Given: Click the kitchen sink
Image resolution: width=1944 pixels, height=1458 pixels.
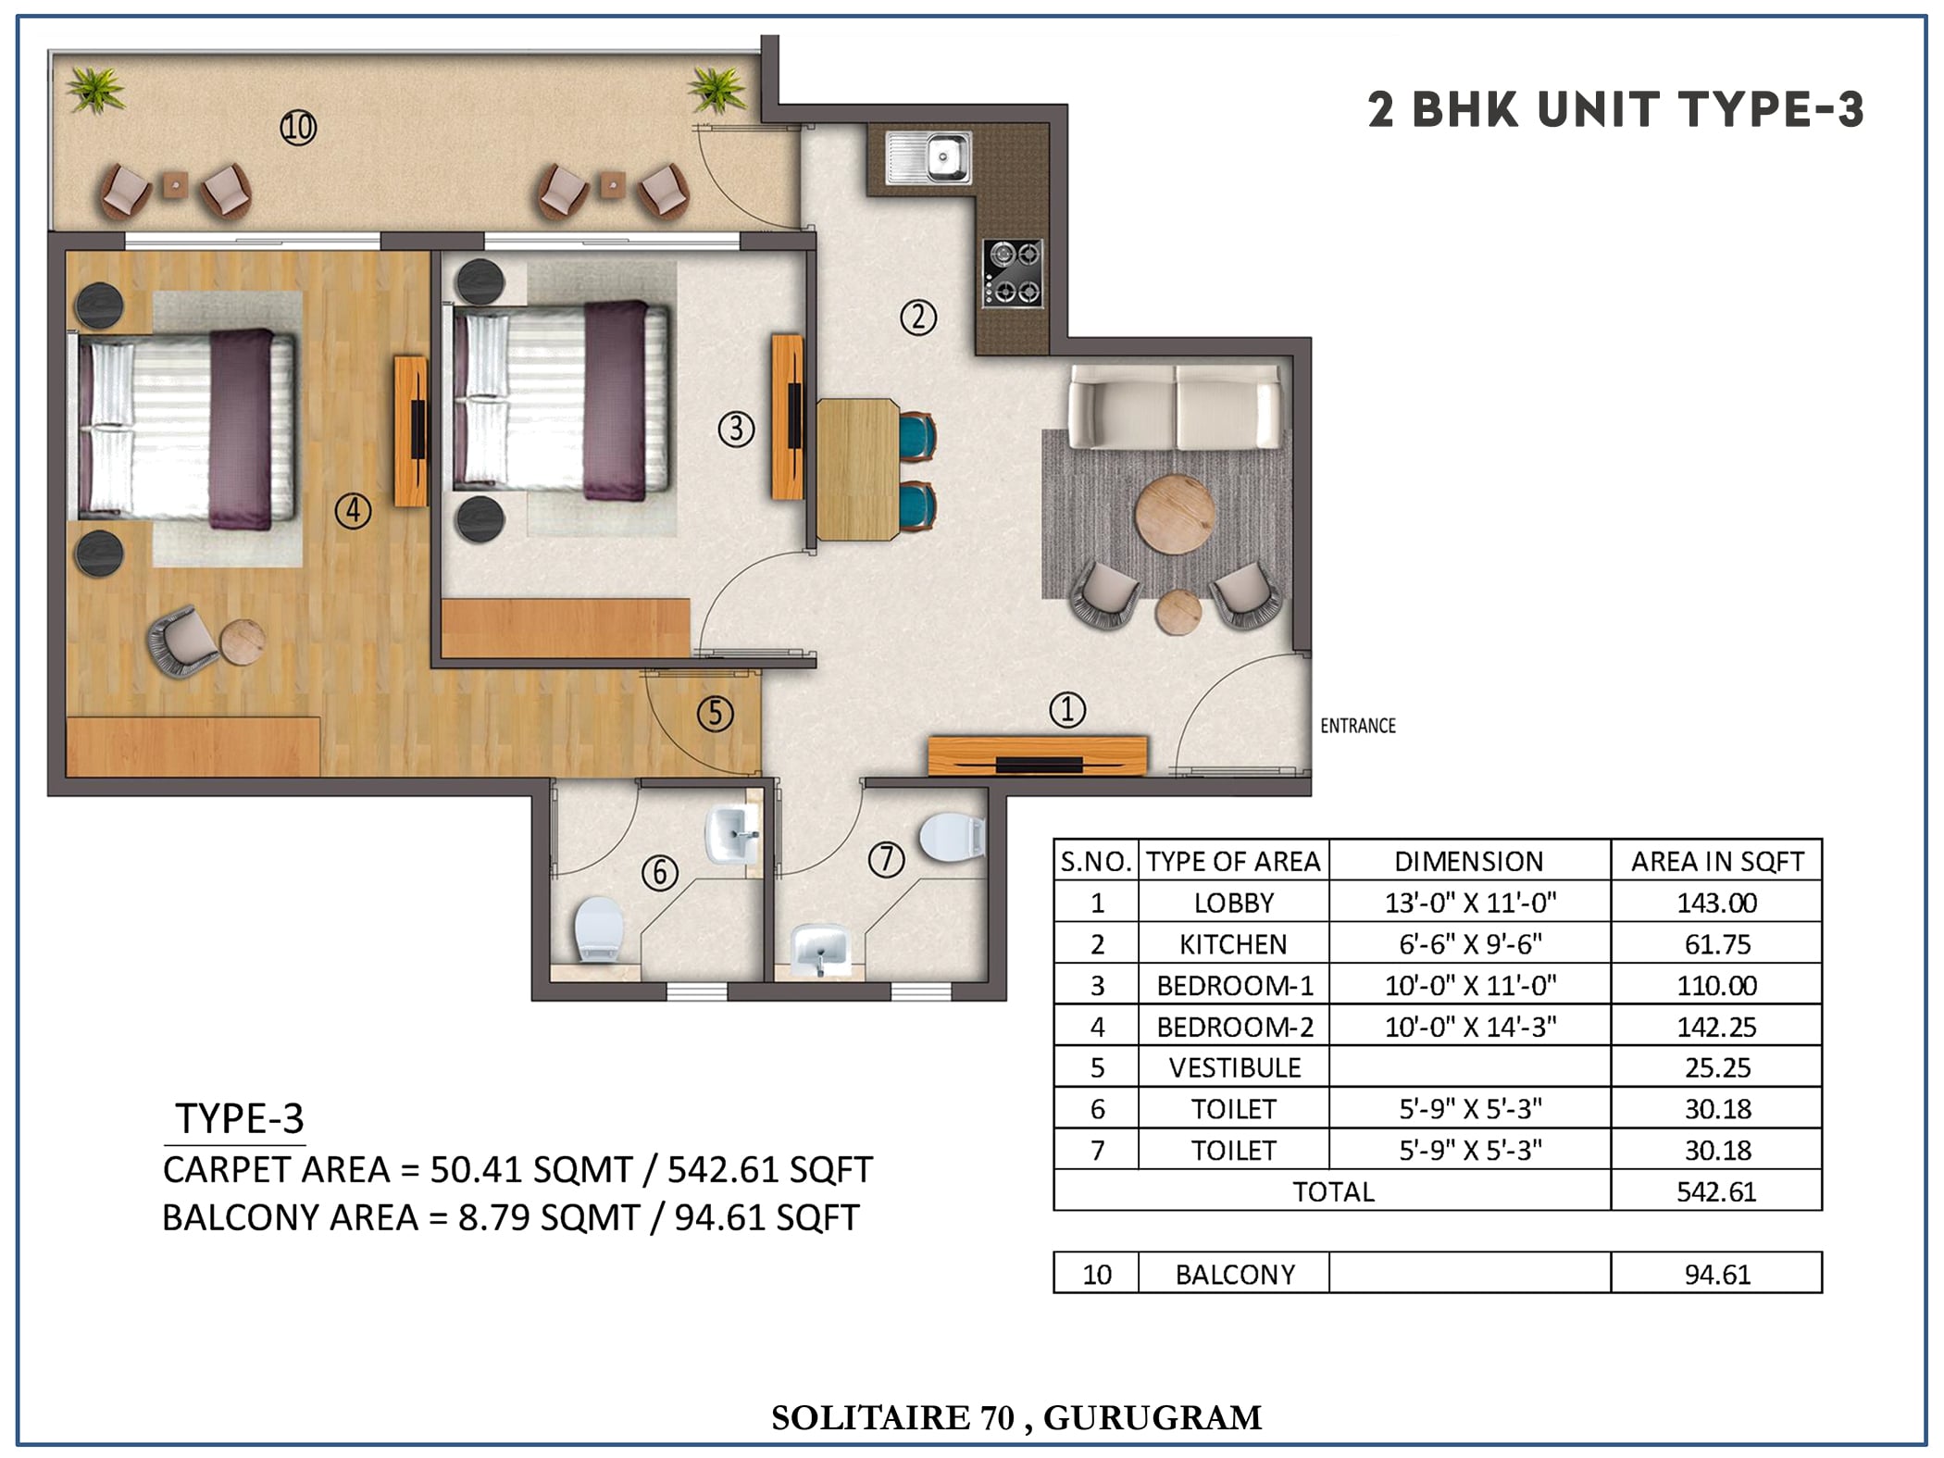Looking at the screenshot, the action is pyautogui.click(x=928, y=156).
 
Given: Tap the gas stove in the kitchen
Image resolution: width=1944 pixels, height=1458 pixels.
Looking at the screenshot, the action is pyautogui.click(x=1013, y=272).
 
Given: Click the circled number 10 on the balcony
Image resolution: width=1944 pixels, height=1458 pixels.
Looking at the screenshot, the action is pyautogui.click(x=298, y=128).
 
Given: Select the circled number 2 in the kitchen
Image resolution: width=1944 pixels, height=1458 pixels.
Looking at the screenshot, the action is pyautogui.click(x=918, y=318).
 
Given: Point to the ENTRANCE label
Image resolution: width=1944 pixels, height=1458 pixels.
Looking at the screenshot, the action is pyautogui.click(x=1358, y=726).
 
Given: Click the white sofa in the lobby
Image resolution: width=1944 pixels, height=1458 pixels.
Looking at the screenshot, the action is pyautogui.click(x=1176, y=405).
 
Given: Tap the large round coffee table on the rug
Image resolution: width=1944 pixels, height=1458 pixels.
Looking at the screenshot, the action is pyautogui.click(x=1176, y=515).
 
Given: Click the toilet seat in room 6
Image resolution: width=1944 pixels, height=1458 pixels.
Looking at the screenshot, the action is pyautogui.click(x=597, y=928).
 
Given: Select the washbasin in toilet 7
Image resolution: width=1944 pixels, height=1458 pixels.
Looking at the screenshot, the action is pyautogui.click(x=820, y=948).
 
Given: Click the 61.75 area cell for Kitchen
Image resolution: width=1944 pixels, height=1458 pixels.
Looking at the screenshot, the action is pyautogui.click(x=1717, y=944).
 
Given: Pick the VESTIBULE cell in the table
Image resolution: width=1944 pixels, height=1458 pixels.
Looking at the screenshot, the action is pyautogui.click(x=1235, y=1068).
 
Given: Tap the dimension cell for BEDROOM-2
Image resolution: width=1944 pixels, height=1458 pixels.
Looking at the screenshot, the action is pyautogui.click(x=1470, y=1027).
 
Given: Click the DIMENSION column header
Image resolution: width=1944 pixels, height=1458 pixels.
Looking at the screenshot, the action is pyautogui.click(x=1469, y=862).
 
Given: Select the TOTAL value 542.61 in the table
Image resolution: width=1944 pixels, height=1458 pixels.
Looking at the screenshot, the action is pyautogui.click(x=1716, y=1191).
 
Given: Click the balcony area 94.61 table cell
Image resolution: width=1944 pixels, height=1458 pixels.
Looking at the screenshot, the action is pyautogui.click(x=1717, y=1274).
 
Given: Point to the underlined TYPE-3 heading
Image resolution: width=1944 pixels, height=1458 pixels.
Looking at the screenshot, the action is pyautogui.click(x=239, y=1119).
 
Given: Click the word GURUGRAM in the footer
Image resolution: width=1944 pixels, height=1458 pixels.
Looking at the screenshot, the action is pyautogui.click(x=1153, y=1418).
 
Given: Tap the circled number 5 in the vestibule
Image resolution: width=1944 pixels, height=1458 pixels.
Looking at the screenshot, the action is pyautogui.click(x=716, y=714).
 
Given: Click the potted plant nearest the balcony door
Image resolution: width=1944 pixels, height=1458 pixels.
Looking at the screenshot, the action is pyautogui.click(x=717, y=90).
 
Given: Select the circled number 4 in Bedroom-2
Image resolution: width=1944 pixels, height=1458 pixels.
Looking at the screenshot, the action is pyautogui.click(x=353, y=511).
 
